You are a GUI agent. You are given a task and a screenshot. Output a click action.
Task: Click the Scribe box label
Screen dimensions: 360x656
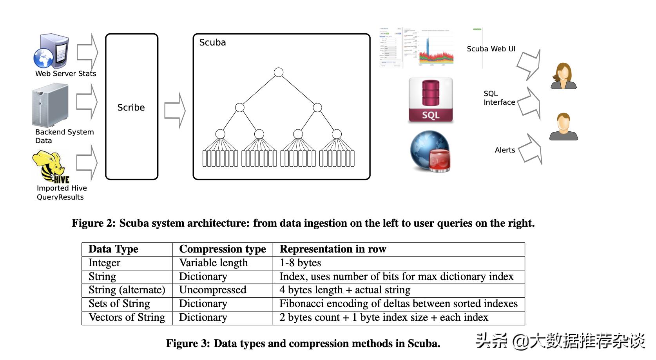point(131,107)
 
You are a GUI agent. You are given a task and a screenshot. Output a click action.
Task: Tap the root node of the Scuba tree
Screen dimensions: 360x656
point(279,73)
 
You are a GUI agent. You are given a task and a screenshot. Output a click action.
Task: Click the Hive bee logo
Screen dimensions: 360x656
point(50,167)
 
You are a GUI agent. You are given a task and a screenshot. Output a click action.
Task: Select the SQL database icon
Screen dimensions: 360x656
point(431,100)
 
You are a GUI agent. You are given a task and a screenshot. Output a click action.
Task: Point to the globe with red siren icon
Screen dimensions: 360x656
point(430,151)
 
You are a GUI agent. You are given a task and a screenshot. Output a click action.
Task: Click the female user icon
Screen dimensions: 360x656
point(564,76)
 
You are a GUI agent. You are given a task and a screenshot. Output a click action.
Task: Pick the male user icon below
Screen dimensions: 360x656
point(564,127)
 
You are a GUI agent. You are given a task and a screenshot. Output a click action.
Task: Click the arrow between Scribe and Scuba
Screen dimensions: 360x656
point(175,110)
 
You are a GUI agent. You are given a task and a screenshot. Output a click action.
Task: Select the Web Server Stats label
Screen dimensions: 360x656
point(65,74)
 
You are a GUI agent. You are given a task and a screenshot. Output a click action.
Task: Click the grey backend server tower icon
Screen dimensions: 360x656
point(50,105)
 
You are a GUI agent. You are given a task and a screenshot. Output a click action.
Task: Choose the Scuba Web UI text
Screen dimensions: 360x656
point(491,49)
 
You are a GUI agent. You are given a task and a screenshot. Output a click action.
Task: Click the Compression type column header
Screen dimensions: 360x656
point(222,249)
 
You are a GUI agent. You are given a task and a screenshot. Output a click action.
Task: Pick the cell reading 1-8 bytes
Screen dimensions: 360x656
point(300,263)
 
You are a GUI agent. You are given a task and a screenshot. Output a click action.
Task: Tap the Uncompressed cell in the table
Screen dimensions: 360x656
point(212,290)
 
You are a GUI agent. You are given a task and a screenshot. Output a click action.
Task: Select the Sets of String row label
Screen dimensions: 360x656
point(119,304)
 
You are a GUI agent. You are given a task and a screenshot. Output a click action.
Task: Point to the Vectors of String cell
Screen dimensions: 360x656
point(127,318)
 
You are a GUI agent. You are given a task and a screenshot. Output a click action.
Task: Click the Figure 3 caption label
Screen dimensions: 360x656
point(188,344)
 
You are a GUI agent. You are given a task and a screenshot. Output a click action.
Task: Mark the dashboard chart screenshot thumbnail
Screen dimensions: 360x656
point(417,47)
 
